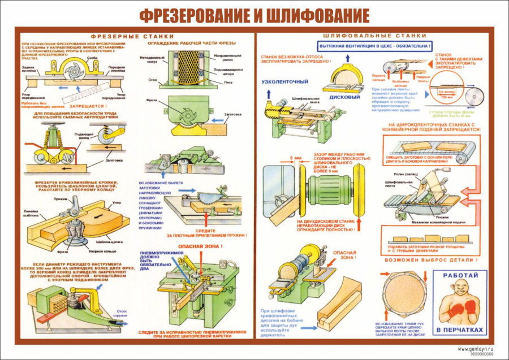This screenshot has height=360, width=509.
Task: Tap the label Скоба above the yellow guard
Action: coord(92,58)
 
